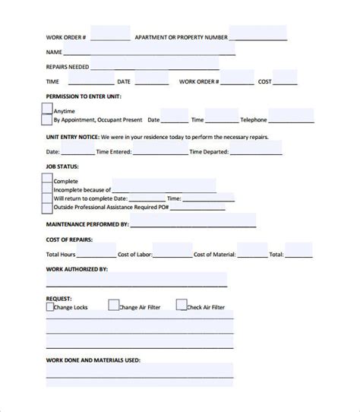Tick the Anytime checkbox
pos(47,109)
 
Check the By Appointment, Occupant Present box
pos(47,119)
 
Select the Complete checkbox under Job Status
pos(47,180)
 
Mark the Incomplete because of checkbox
pos(47,189)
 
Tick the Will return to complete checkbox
pos(47,198)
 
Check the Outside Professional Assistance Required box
pos(47,208)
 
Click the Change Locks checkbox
pos(50,306)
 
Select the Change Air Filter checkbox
pos(113,306)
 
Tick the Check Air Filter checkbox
pos(182,306)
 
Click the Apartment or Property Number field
pos(257,33)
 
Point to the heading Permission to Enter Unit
pos(84,97)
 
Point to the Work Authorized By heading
pos(77,268)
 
